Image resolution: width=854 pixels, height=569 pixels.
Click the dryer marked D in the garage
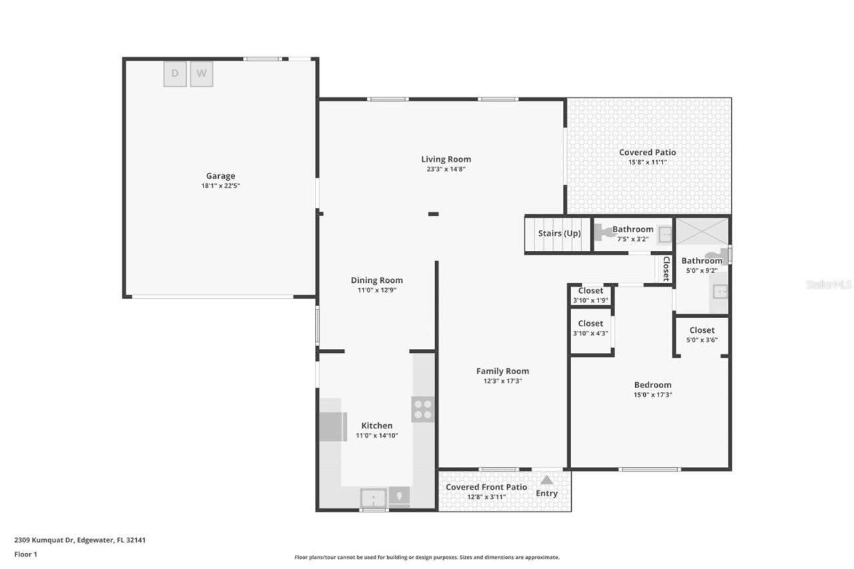click(175, 74)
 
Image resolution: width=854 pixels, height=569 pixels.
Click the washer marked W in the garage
click(201, 74)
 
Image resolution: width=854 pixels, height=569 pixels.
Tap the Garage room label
click(220, 176)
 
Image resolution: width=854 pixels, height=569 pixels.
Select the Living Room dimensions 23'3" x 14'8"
click(446, 169)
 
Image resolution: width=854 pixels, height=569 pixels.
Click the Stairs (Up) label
click(559, 233)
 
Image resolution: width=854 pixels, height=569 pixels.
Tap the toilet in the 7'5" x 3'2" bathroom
click(607, 232)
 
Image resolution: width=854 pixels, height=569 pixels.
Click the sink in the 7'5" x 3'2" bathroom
click(665, 234)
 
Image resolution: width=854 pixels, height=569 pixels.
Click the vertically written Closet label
click(666, 269)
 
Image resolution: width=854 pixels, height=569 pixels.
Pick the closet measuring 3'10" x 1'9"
click(590, 296)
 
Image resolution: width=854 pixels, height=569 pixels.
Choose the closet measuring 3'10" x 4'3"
click(590, 328)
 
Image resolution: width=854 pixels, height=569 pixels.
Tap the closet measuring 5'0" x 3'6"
click(702, 335)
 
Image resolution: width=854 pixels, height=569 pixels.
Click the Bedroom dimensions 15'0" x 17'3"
click(653, 395)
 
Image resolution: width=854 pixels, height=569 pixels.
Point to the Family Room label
click(502, 371)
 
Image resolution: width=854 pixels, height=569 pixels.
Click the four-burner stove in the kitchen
click(423, 409)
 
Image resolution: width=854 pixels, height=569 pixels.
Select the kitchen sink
click(373, 498)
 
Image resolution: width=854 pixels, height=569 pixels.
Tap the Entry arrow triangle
click(546, 480)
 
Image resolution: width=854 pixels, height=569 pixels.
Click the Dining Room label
click(377, 280)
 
